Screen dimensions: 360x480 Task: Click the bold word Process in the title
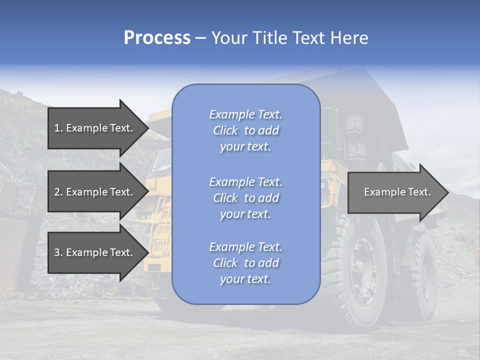[x=157, y=38]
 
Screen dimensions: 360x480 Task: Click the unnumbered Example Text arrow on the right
[x=397, y=192]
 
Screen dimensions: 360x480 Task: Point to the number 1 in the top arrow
[x=57, y=128]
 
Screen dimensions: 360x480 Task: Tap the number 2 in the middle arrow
[x=57, y=192]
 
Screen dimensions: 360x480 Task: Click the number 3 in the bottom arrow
[x=57, y=252]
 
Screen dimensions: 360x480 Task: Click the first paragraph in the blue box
[x=245, y=130]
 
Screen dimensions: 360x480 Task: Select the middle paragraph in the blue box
[x=245, y=198]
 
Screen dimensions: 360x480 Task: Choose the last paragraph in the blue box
[x=245, y=263]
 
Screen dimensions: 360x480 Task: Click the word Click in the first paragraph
[x=225, y=130]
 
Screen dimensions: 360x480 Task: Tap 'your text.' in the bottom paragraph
[x=245, y=279]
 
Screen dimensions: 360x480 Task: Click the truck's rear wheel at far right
[x=425, y=275]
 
